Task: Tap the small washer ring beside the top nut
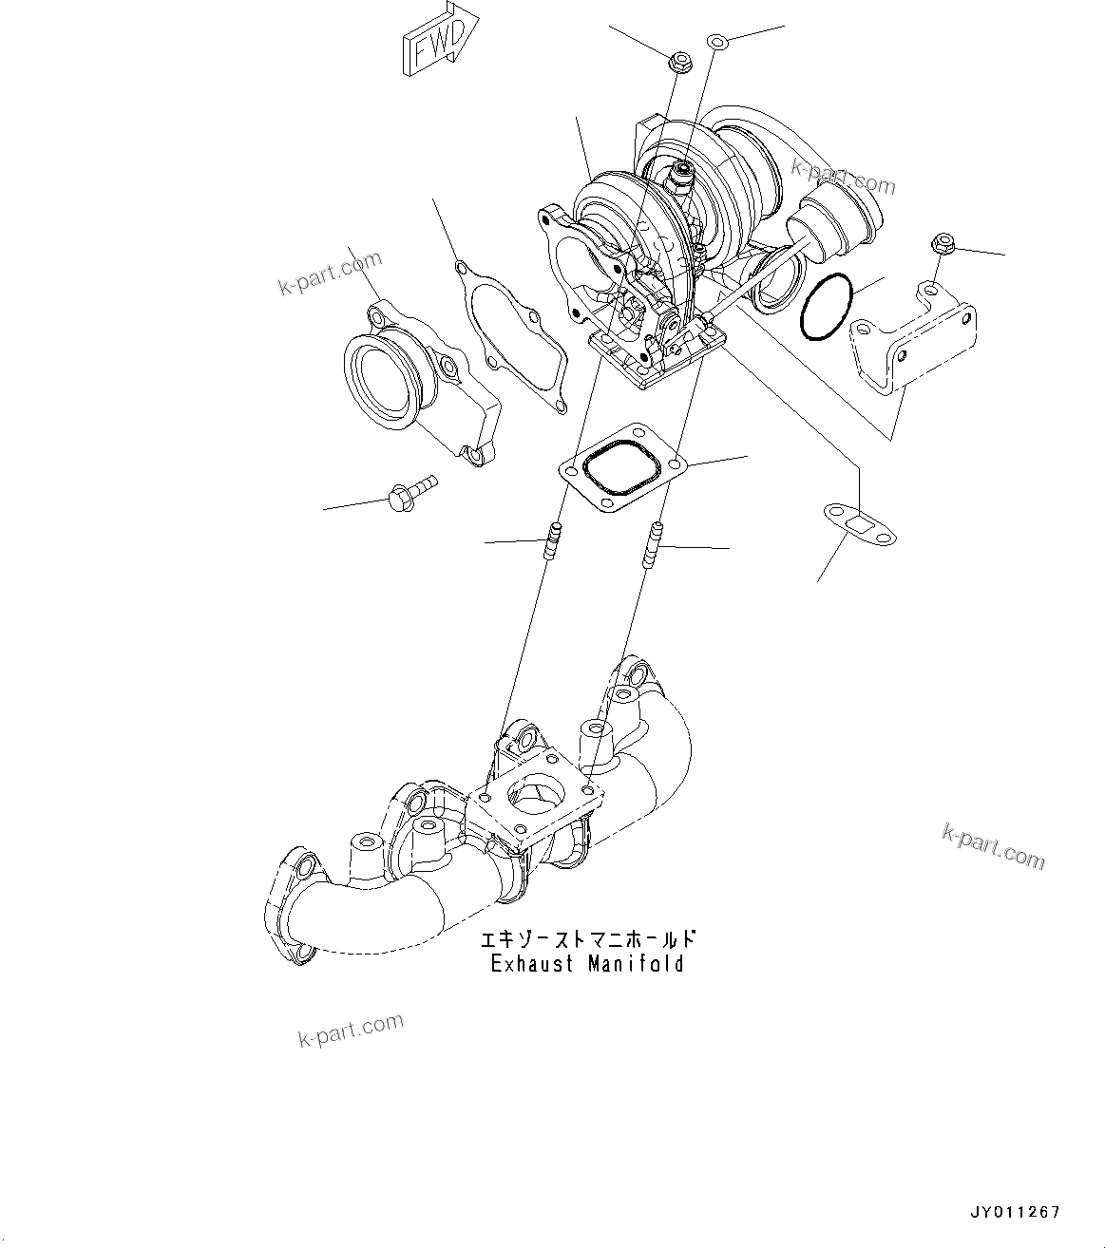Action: click(718, 41)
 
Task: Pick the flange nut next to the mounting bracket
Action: click(943, 246)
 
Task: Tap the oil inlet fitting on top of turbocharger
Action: click(682, 174)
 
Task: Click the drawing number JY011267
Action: click(1014, 1212)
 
